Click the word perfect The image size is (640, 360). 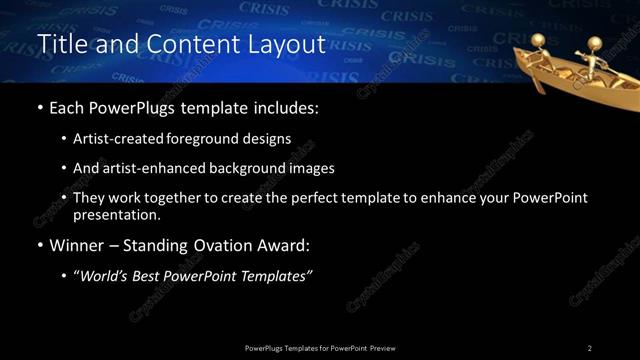324,198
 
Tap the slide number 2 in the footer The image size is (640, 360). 590,347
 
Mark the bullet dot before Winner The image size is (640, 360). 39,246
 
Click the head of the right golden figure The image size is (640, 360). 594,43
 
